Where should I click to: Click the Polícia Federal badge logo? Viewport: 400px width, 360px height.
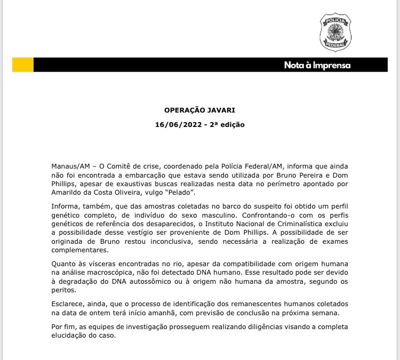click(335, 33)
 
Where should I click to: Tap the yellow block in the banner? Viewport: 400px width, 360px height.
click(23, 65)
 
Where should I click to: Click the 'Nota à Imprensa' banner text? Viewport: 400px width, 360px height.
click(317, 65)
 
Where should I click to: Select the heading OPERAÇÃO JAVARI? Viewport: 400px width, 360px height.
click(199, 110)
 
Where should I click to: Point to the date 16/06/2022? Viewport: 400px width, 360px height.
click(173, 124)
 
